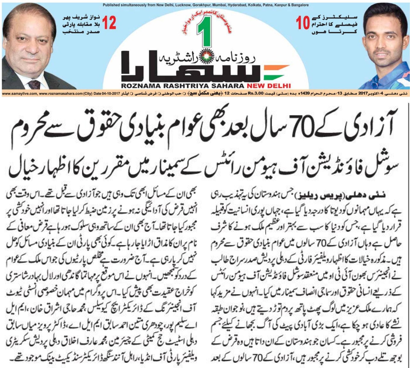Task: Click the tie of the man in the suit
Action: (x=32, y=84)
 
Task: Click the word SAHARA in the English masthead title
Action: (x=229, y=86)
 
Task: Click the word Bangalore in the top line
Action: (x=299, y=5)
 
